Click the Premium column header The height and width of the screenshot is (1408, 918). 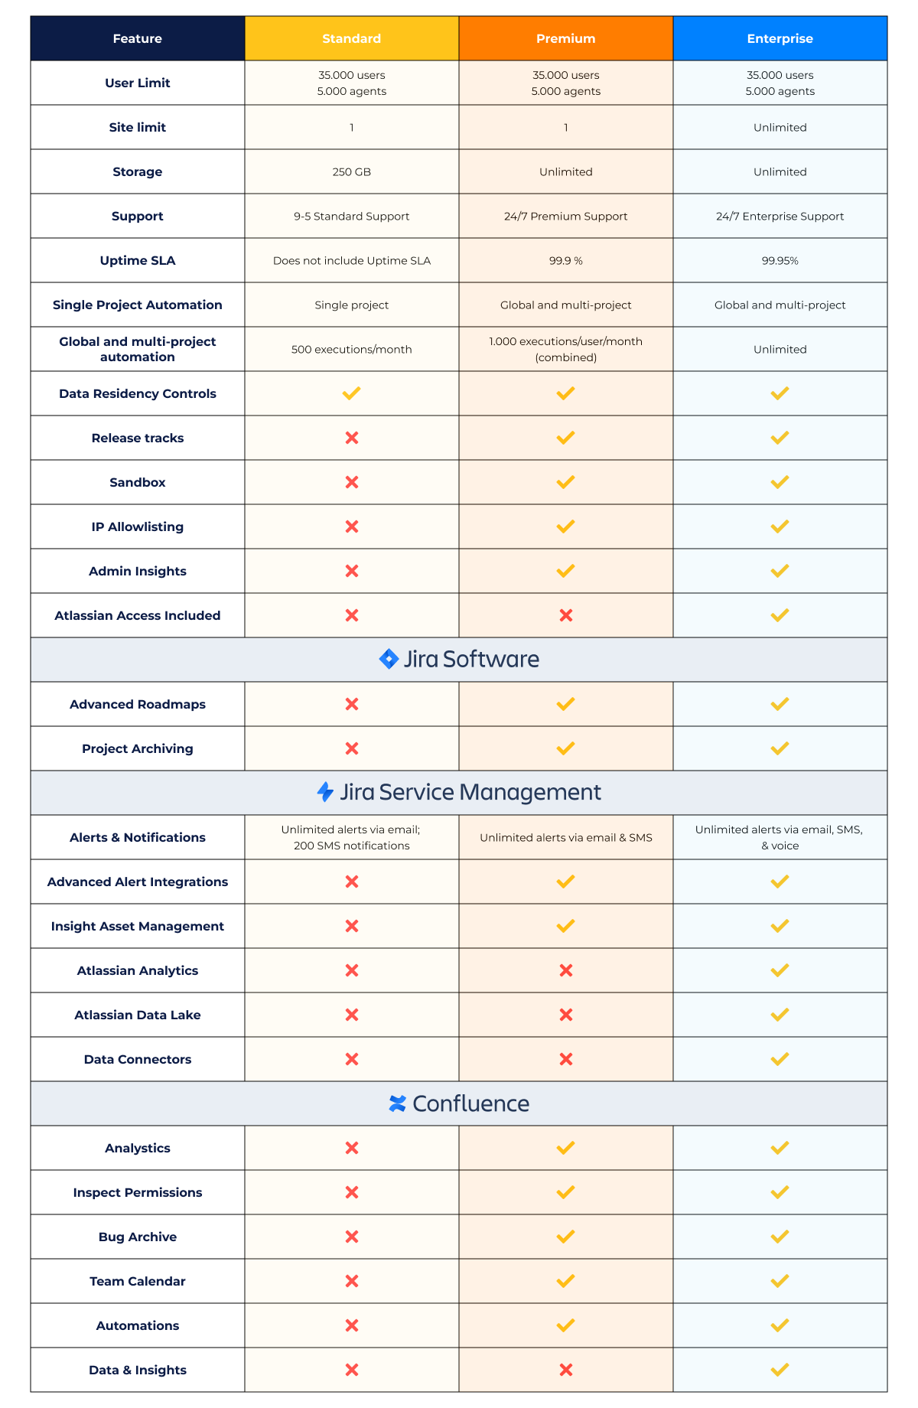pos(565,38)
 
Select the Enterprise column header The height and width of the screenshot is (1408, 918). pos(780,38)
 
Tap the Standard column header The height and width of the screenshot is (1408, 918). pos(351,38)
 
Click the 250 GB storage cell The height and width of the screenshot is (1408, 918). pos(351,172)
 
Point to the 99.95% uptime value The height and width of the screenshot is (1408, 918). pos(780,261)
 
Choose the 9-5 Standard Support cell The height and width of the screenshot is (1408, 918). pos(351,217)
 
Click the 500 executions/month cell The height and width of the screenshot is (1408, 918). pos(351,350)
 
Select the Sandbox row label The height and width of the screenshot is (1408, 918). pos(138,483)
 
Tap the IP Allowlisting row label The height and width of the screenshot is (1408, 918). pos(138,527)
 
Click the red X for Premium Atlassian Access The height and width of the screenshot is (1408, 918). pos(565,615)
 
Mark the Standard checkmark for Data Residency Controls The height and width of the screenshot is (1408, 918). pos(351,393)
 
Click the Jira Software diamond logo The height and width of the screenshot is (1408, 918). pos(389,659)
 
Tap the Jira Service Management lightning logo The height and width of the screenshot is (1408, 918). pos(325,792)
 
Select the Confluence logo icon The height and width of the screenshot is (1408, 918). pos(397,1103)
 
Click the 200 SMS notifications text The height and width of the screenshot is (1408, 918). pos(351,846)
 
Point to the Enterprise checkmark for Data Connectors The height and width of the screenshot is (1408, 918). pos(780,1059)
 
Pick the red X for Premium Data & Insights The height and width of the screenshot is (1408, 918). pos(565,1370)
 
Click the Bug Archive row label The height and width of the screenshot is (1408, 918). pos(138,1237)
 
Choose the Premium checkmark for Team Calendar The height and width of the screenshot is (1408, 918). pos(565,1281)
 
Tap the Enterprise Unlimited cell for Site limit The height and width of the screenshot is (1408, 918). pos(780,128)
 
